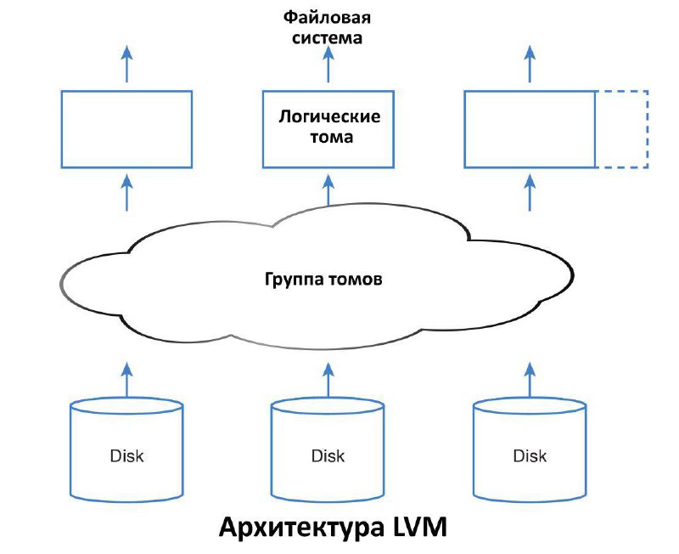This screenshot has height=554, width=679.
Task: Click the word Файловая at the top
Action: pos(328,17)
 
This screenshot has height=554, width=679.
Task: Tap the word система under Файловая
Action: pos(328,37)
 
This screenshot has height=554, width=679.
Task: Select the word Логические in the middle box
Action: pos(329,116)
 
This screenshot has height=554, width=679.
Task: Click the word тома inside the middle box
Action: pos(332,137)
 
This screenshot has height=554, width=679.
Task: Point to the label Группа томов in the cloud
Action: pos(323,279)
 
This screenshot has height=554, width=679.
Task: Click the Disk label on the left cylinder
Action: pos(126,455)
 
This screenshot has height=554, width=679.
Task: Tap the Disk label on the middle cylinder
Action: pos(328,455)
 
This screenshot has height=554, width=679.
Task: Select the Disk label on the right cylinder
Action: pos(530,455)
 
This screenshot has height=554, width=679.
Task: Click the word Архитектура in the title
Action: pos(301,528)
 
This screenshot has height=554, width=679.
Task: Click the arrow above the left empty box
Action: pos(126,64)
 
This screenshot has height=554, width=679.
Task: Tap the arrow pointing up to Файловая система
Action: pos(328,64)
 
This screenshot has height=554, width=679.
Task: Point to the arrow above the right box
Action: pos(530,64)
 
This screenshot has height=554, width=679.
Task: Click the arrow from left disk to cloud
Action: pos(126,380)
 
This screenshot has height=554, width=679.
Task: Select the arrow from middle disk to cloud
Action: pos(328,380)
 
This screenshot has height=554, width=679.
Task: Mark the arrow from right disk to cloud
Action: pos(530,380)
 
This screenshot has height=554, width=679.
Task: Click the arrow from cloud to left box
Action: pos(126,193)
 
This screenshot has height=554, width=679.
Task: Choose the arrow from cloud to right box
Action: pos(530,193)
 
